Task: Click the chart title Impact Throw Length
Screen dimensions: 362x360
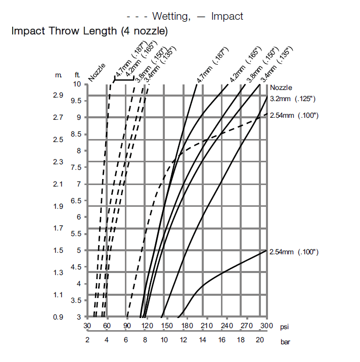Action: point(89,31)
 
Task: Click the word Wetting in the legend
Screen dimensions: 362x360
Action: point(169,16)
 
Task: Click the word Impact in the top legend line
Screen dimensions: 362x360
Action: point(227,16)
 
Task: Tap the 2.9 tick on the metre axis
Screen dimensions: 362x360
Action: point(58,95)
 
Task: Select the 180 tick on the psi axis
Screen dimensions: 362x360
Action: point(187,326)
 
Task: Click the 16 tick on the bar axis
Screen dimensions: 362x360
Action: point(222,340)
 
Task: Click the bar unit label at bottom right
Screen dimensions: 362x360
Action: point(286,341)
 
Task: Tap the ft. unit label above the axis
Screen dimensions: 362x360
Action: point(77,75)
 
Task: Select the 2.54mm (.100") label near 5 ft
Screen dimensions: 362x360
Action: point(294,252)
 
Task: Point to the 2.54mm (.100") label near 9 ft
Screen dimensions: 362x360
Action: point(294,115)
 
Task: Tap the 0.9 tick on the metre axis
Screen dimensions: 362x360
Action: point(58,317)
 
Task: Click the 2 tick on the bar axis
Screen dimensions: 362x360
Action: point(87,340)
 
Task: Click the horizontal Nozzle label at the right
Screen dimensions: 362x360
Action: point(281,87)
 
